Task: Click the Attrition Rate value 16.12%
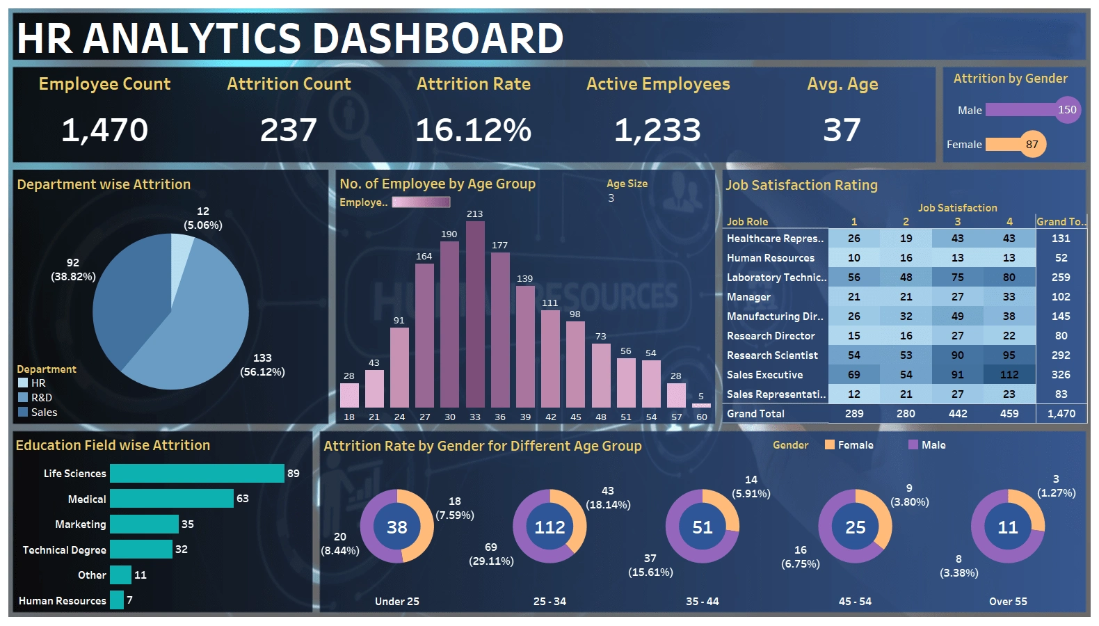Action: click(473, 130)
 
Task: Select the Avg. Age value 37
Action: click(842, 130)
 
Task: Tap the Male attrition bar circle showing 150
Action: click(1067, 110)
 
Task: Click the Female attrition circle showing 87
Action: click(1032, 145)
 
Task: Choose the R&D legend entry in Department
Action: click(41, 398)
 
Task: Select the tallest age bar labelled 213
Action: click(475, 313)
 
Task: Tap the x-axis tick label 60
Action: click(701, 417)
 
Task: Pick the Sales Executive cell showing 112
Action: click(1009, 375)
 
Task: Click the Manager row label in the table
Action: click(748, 297)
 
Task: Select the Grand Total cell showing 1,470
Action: click(1061, 414)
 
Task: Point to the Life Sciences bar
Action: click(197, 474)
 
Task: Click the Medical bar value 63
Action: click(243, 499)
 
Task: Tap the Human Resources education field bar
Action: click(117, 600)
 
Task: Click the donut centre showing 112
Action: click(549, 527)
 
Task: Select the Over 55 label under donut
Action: click(1008, 602)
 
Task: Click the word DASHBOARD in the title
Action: click(438, 38)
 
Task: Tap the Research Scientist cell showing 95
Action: click(1009, 355)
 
